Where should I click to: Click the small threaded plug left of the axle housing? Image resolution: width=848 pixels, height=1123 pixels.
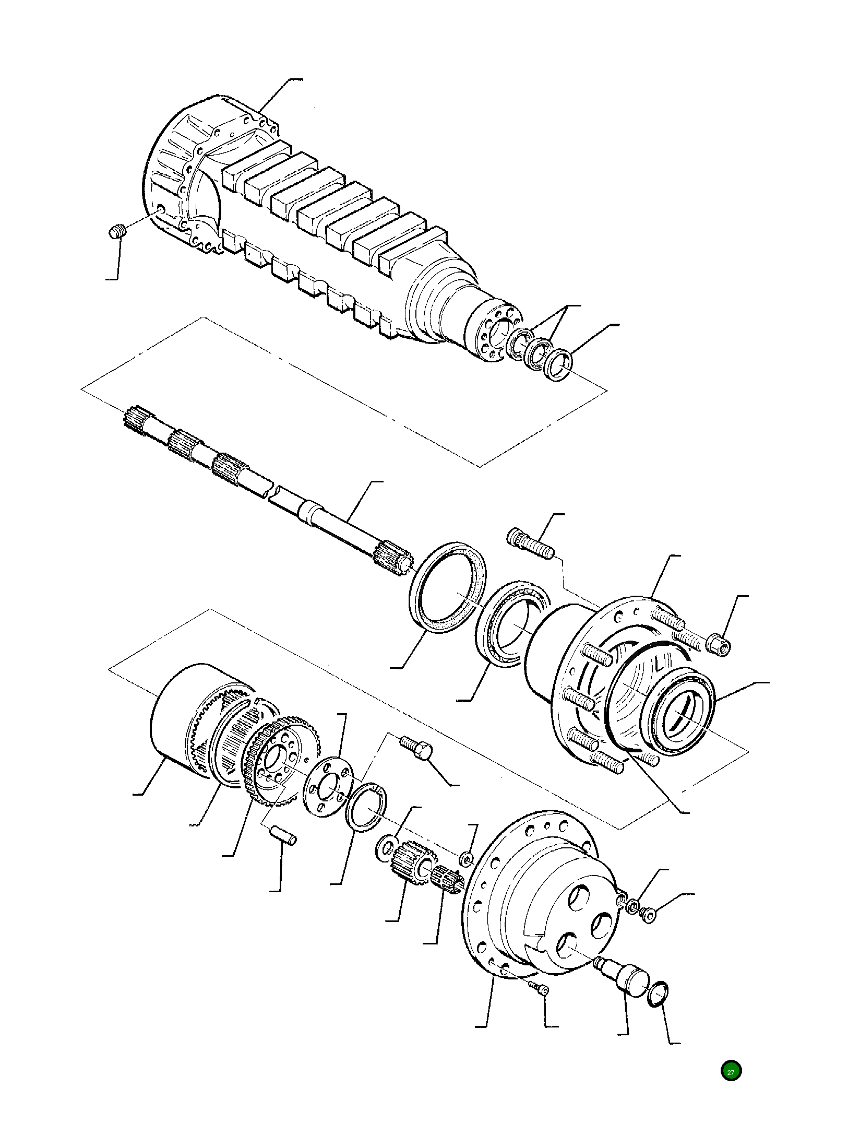(118, 231)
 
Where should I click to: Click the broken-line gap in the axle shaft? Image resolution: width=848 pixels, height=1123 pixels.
(272, 494)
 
